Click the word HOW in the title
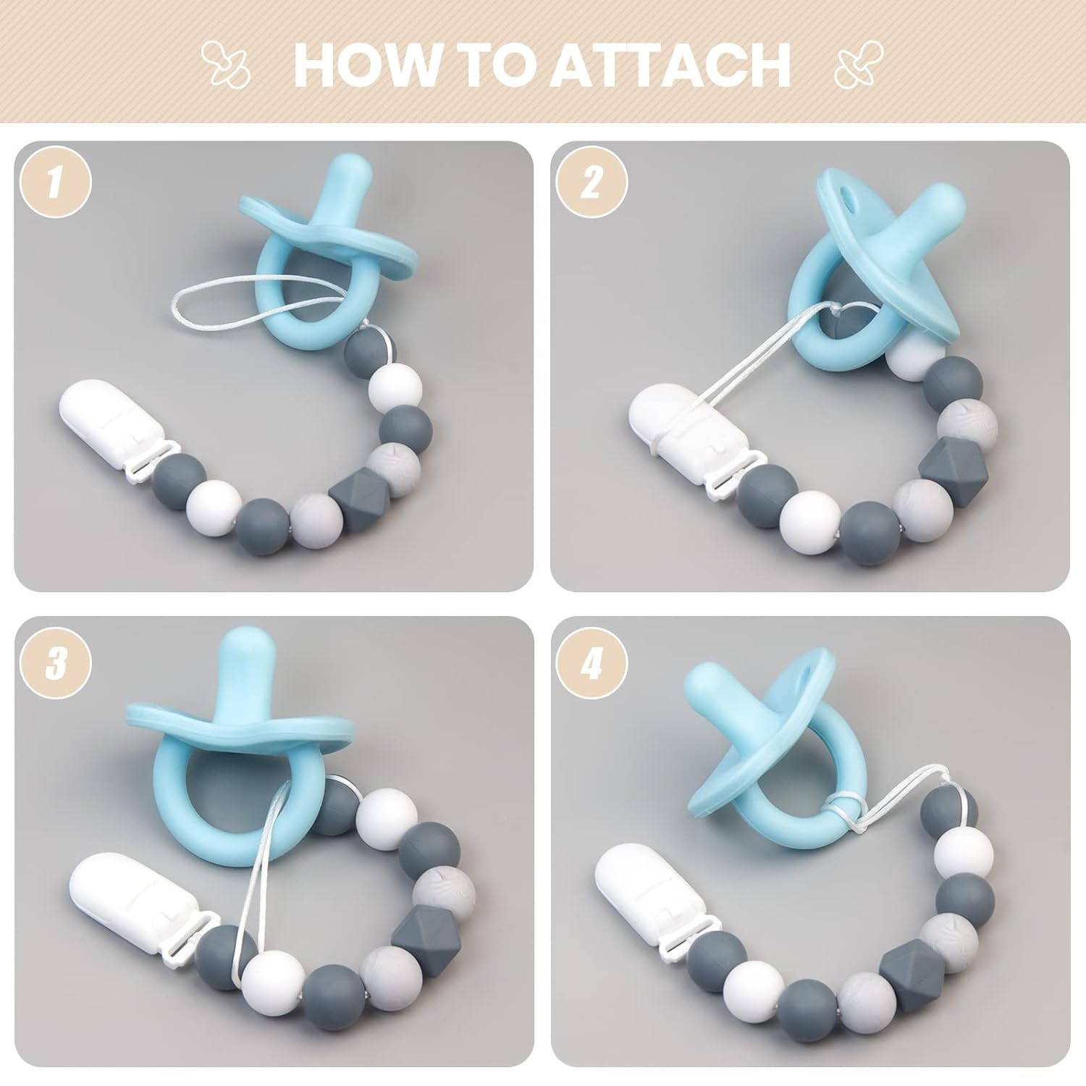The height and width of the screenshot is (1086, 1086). coord(366,64)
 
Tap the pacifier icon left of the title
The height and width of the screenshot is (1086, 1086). coord(224,64)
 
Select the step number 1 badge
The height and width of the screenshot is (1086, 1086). coord(56,181)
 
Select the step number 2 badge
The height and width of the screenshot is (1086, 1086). coord(592,181)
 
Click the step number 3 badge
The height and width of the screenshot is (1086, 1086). coord(56,663)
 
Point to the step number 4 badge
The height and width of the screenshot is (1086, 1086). coord(592,663)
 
